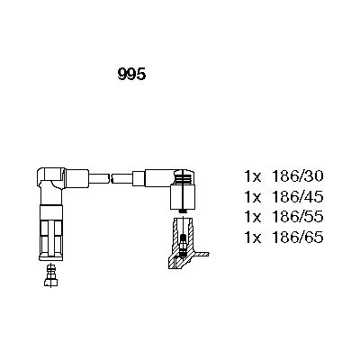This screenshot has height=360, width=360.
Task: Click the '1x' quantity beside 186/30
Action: (254, 175)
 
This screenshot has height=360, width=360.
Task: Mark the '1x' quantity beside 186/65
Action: (254, 238)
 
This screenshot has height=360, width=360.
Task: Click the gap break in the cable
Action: (113, 176)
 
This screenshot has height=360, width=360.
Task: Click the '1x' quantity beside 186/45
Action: (254, 196)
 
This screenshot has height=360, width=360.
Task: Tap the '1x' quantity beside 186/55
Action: (254, 217)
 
